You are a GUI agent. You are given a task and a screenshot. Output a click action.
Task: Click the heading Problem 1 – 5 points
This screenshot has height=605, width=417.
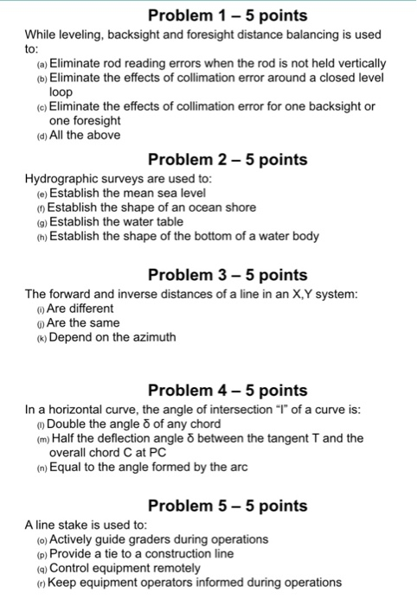tap(228, 16)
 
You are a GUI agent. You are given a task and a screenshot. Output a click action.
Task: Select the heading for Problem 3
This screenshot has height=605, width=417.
tap(228, 275)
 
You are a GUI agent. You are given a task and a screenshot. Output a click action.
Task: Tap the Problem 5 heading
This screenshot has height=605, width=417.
tap(228, 506)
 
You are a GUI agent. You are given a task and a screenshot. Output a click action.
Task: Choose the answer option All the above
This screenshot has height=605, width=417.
tap(85, 135)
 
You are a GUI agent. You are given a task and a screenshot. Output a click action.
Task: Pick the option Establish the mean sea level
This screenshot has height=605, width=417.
tap(124, 193)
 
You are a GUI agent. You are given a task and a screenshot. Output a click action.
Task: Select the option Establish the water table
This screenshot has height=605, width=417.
tap(117, 221)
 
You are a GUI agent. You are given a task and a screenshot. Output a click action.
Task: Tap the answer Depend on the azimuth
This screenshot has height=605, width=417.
tap(112, 337)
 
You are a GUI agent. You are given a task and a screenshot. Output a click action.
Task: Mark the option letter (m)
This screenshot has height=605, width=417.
tap(42, 438)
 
